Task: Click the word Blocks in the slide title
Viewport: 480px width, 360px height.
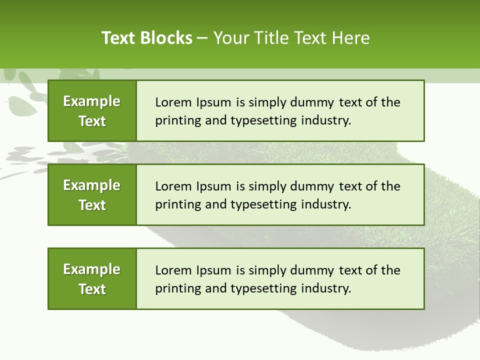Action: click(166, 38)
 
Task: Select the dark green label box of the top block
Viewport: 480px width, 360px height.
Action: click(92, 110)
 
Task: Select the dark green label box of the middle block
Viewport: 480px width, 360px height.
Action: click(92, 194)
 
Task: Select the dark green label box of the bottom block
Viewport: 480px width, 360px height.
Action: click(92, 278)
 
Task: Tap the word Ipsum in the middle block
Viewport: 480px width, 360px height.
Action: click(214, 186)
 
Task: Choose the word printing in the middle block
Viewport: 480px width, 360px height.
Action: click(173, 204)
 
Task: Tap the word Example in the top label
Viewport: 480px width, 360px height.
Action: click(92, 101)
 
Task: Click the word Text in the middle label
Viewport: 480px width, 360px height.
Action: click(92, 205)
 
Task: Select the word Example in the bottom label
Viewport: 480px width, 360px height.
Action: click(92, 269)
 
